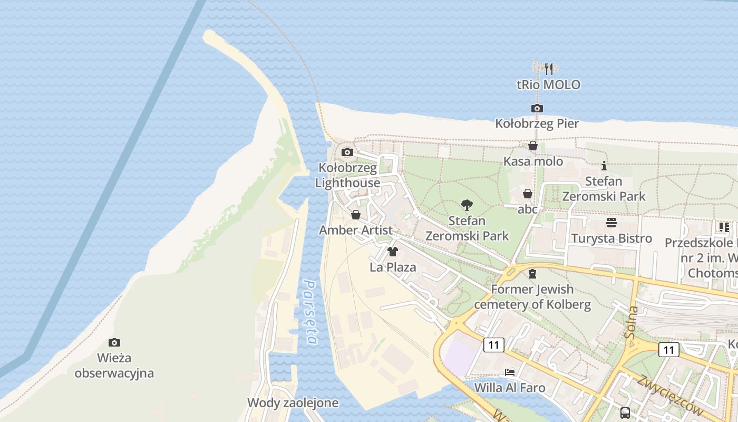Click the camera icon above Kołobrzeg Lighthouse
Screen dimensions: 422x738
click(347, 152)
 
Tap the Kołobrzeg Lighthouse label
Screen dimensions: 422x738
click(347, 176)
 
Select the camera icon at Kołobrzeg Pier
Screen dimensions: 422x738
click(537, 109)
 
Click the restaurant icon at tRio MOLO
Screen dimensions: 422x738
click(549, 69)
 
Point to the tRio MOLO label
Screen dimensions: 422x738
click(548, 84)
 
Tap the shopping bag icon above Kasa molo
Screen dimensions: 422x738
click(533, 146)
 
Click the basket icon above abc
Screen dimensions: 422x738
click(527, 194)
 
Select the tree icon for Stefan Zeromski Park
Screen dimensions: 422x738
click(467, 205)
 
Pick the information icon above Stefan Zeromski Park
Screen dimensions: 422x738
click(604, 166)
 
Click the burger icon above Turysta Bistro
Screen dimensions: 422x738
click(611, 223)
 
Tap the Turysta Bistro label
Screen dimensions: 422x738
click(611, 238)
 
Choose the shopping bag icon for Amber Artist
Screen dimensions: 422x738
click(355, 215)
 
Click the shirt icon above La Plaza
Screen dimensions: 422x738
click(392, 252)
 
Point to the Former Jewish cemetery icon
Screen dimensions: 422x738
click(532, 274)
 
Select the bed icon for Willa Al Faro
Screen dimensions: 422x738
click(509, 372)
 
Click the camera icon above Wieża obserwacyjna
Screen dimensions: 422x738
click(114, 343)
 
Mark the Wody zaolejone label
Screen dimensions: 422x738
click(293, 403)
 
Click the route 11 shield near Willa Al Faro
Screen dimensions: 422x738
click(493, 345)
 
